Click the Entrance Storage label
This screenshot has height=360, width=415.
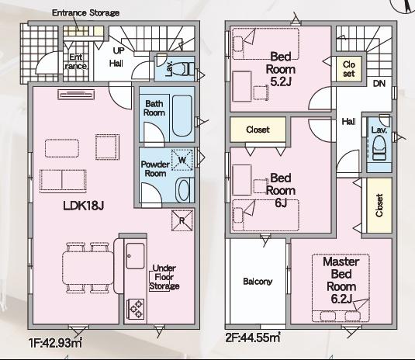85,12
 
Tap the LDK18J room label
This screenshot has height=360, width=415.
83,205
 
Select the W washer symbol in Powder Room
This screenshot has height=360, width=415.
182,160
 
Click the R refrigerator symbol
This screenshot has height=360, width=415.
182,220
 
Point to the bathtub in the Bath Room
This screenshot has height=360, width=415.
182,116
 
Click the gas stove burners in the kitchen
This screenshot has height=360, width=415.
137,309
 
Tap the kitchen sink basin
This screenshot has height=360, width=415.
135,256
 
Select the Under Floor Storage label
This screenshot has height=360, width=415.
164,277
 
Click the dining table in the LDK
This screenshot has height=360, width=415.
88,268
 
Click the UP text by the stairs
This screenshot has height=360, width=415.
119,50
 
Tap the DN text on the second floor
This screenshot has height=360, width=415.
379,84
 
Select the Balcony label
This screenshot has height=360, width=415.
258,282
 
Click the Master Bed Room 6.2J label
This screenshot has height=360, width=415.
341,280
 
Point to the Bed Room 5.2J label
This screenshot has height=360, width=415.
281,69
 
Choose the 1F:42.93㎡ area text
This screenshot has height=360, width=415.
55,343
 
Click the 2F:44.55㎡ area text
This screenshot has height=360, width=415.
253,337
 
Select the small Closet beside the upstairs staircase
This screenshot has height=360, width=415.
349,69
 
